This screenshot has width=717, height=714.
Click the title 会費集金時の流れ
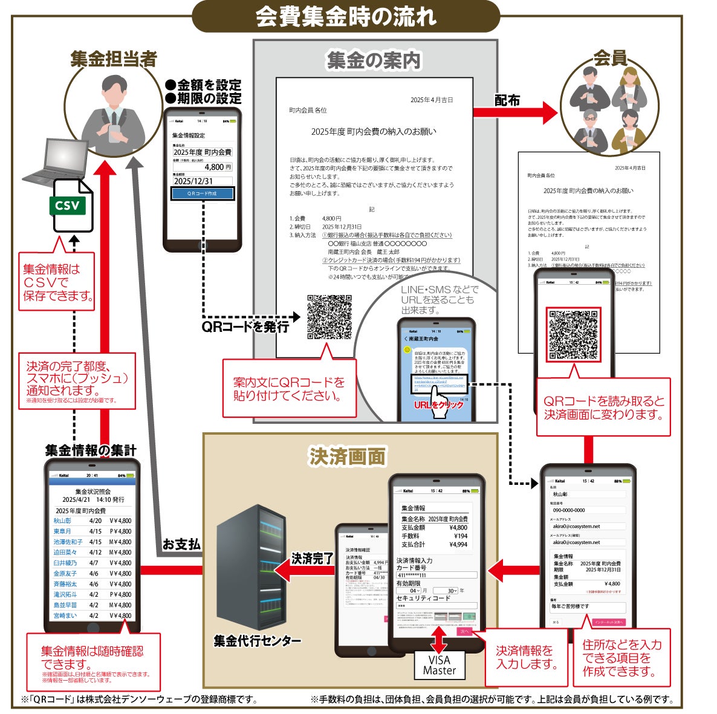(346, 17)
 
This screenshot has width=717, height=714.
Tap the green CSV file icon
(70, 206)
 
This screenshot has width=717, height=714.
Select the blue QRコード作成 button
(203, 193)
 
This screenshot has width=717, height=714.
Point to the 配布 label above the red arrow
(507, 100)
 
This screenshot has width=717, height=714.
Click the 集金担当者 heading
(113, 59)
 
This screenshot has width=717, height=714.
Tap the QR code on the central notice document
(329, 317)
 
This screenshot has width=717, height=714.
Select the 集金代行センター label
(257, 641)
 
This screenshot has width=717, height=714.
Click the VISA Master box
(440, 665)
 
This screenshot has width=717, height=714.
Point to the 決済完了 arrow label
(312, 559)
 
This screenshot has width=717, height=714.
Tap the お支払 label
(181, 544)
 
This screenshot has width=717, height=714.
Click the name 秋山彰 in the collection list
(62, 521)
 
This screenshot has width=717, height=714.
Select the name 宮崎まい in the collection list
(65, 615)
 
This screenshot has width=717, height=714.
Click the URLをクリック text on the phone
(438, 404)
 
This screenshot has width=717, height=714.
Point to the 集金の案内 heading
(373, 60)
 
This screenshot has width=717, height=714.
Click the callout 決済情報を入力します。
(525, 657)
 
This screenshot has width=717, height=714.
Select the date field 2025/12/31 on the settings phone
(202, 181)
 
